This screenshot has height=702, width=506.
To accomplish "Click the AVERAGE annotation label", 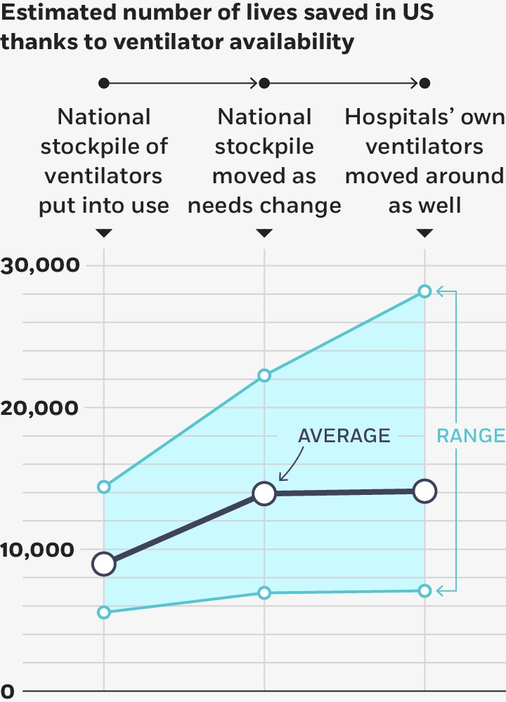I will point(344,435).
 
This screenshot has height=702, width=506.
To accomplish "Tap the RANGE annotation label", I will point(471,436).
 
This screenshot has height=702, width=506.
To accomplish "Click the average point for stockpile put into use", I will point(104,564).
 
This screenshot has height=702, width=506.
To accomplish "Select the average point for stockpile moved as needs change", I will point(264,494).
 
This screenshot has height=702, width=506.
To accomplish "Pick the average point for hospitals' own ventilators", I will point(424,491).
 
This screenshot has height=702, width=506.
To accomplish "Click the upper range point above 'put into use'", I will point(104,486).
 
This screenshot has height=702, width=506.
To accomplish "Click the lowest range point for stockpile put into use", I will point(104,612).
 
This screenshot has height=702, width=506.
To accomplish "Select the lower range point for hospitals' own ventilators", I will point(424,591).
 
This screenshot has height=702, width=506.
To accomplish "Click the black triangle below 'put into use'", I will point(104,233).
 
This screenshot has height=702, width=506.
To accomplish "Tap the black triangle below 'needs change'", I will point(264,233).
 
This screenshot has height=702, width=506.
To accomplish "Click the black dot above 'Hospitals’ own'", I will point(424,84).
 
